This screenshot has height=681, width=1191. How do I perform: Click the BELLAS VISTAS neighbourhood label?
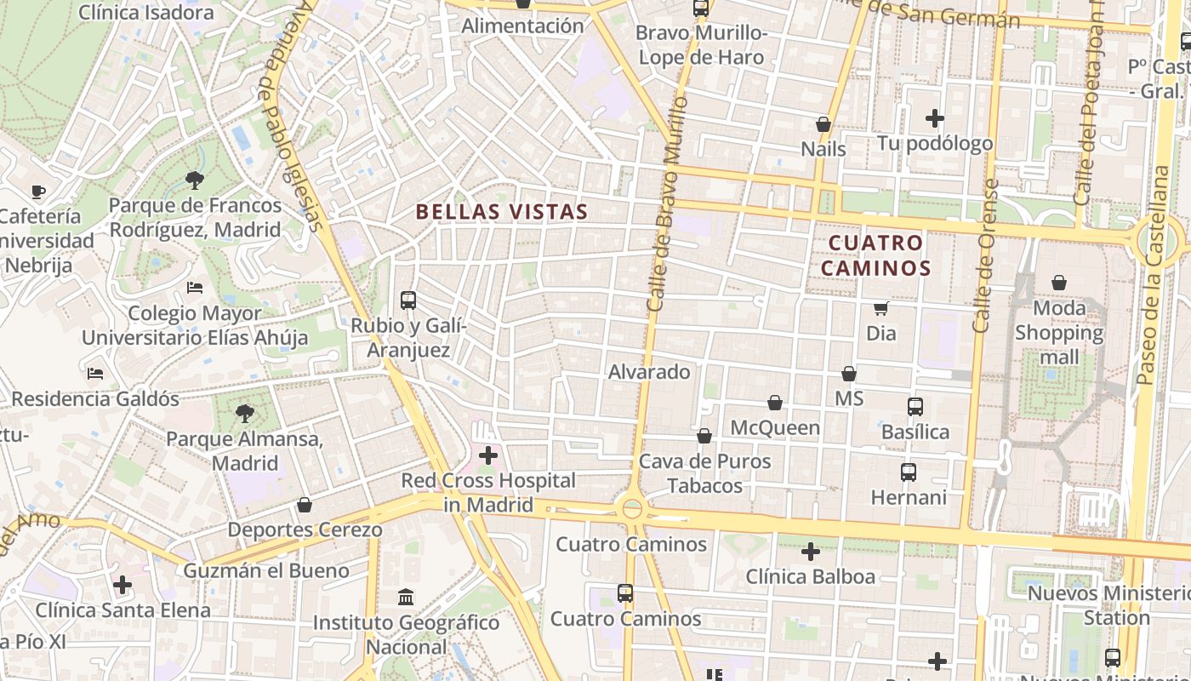tap(502, 212)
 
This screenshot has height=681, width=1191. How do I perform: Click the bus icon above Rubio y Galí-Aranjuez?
tap(408, 300)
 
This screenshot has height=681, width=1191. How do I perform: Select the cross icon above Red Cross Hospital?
tap(488, 455)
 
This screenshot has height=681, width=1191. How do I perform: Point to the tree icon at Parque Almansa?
tap(245, 414)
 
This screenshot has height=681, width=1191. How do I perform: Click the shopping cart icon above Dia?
tap(881, 308)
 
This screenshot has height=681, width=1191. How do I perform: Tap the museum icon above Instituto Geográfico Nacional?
tap(406, 597)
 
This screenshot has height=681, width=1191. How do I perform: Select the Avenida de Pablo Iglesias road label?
tap(292, 115)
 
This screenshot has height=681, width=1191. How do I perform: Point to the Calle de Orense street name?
tap(984, 255)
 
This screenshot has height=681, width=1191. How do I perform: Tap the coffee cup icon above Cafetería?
tap(37, 192)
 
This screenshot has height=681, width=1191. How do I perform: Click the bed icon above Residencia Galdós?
tap(95, 374)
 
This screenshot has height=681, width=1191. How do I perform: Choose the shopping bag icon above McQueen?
tap(775, 403)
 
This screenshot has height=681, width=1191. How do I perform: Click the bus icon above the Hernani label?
tap(909, 472)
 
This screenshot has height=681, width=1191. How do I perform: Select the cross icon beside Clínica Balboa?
tap(811, 552)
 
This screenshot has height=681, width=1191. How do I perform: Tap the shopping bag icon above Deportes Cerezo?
tap(305, 506)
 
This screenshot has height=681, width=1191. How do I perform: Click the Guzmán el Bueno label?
tap(266, 570)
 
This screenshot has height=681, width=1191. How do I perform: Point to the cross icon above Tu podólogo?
tap(935, 118)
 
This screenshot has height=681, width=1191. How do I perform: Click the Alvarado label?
tap(649, 372)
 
